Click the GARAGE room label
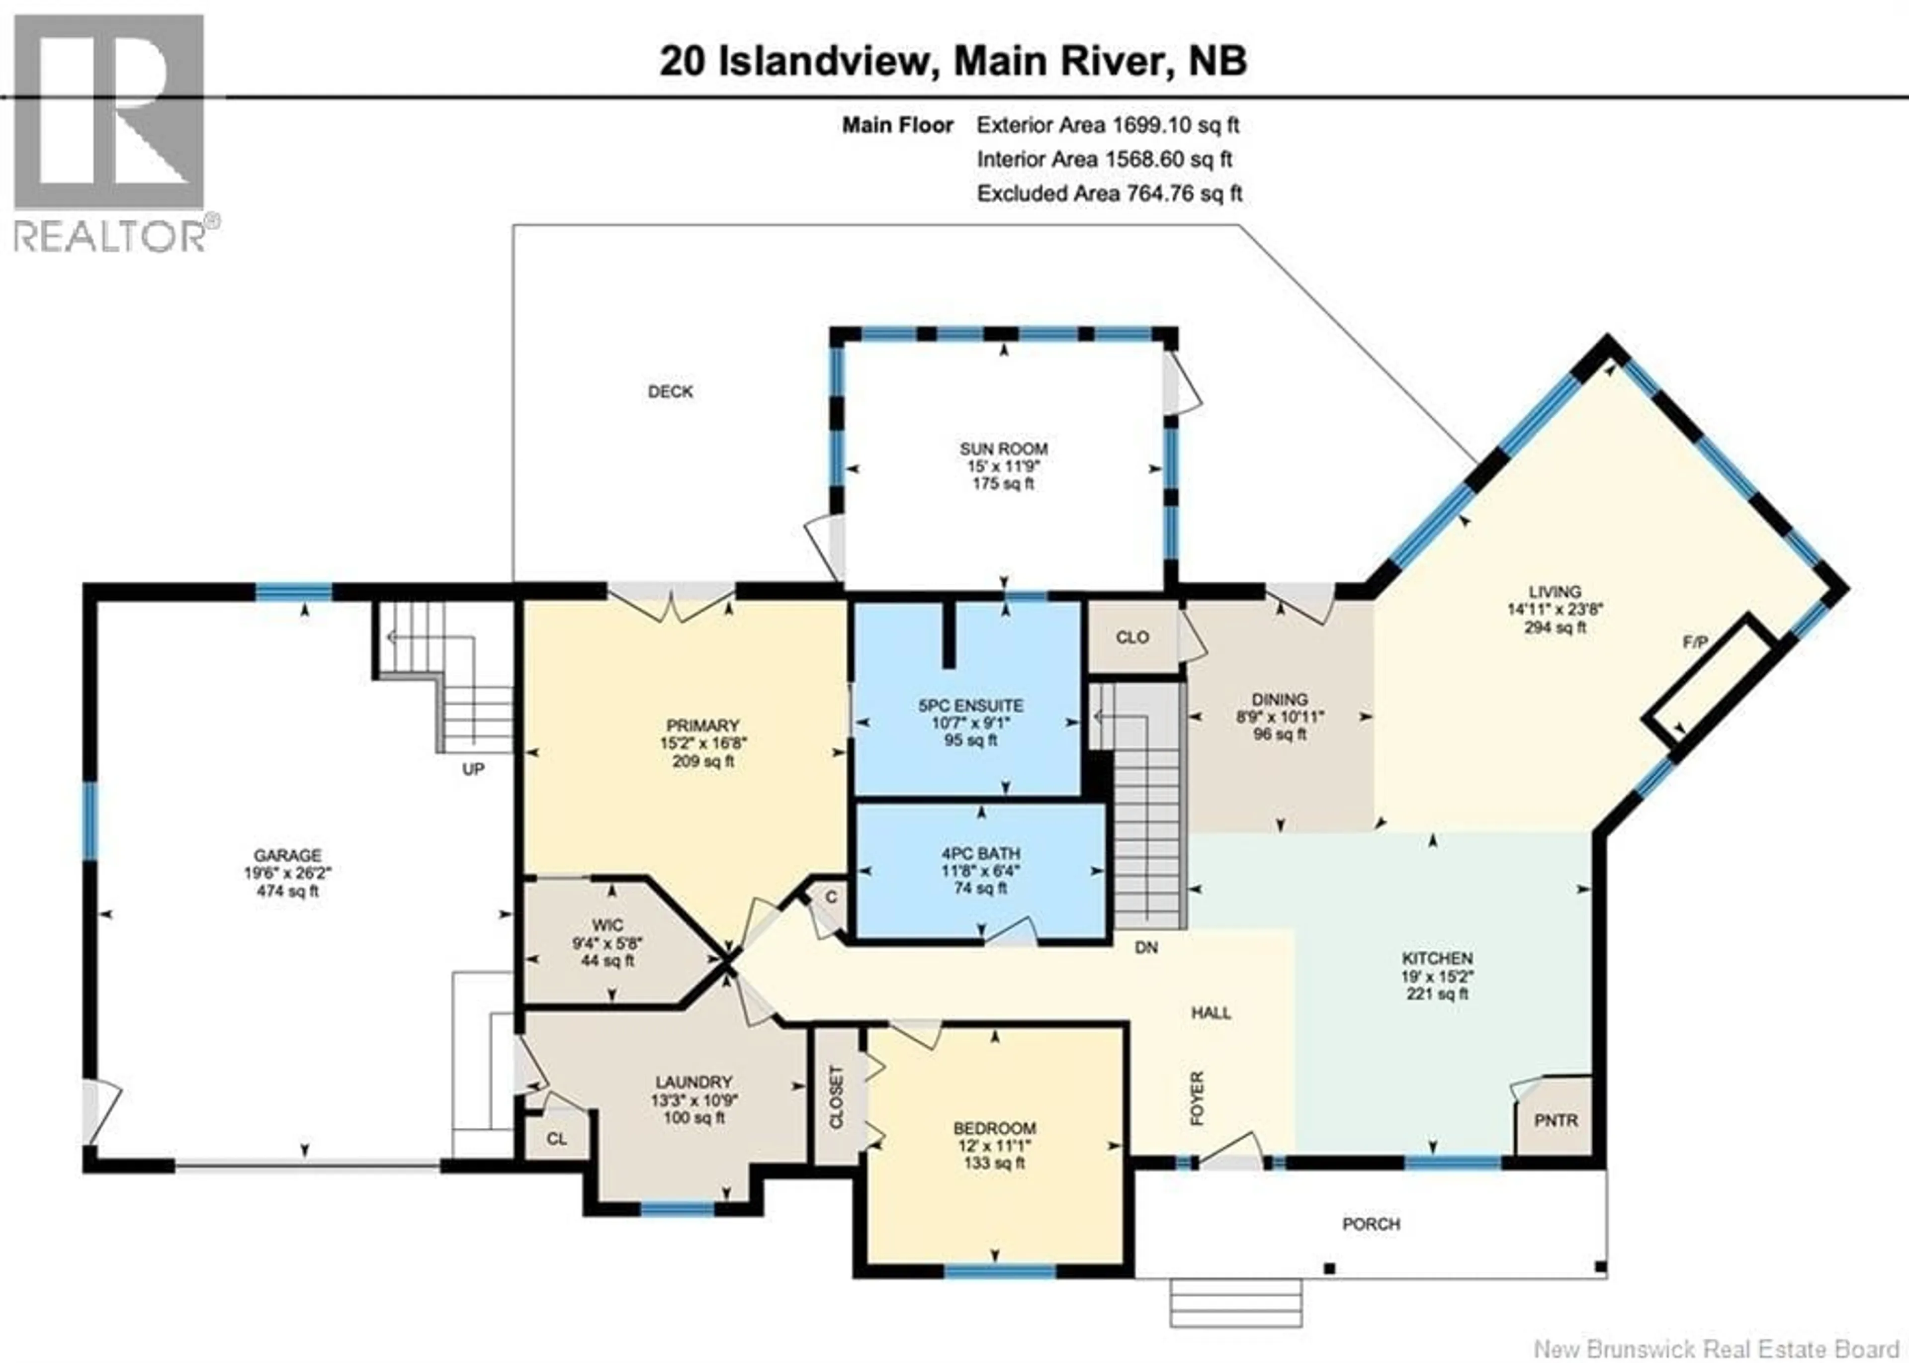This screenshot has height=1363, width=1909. tap(288, 855)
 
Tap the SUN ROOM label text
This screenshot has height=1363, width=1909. tap(1004, 449)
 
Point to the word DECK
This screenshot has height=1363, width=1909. tap(671, 392)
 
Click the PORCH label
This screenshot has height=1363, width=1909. tap(1371, 1225)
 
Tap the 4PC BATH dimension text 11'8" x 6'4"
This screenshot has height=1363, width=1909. tap(980, 870)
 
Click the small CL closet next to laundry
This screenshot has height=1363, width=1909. tap(556, 1139)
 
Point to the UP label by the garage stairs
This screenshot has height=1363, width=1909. tap(473, 770)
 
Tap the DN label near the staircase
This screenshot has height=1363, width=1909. tap(1146, 948)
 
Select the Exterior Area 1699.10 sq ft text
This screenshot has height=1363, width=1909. tap(1108, 126)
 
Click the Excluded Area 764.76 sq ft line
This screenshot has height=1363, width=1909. tap(1109, 194)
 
